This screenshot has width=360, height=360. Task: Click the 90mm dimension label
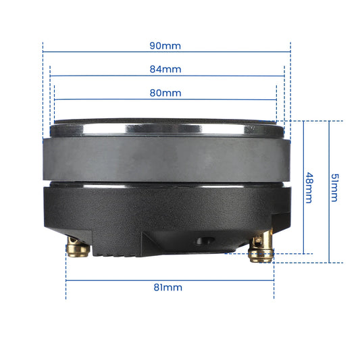click(165, 47)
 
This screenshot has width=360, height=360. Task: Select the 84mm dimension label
click(165, 69)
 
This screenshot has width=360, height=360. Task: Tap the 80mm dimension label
click(165, 92)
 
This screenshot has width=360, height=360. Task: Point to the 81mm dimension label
click(168, 287)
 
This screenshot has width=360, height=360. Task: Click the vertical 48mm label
click(309, 188)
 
